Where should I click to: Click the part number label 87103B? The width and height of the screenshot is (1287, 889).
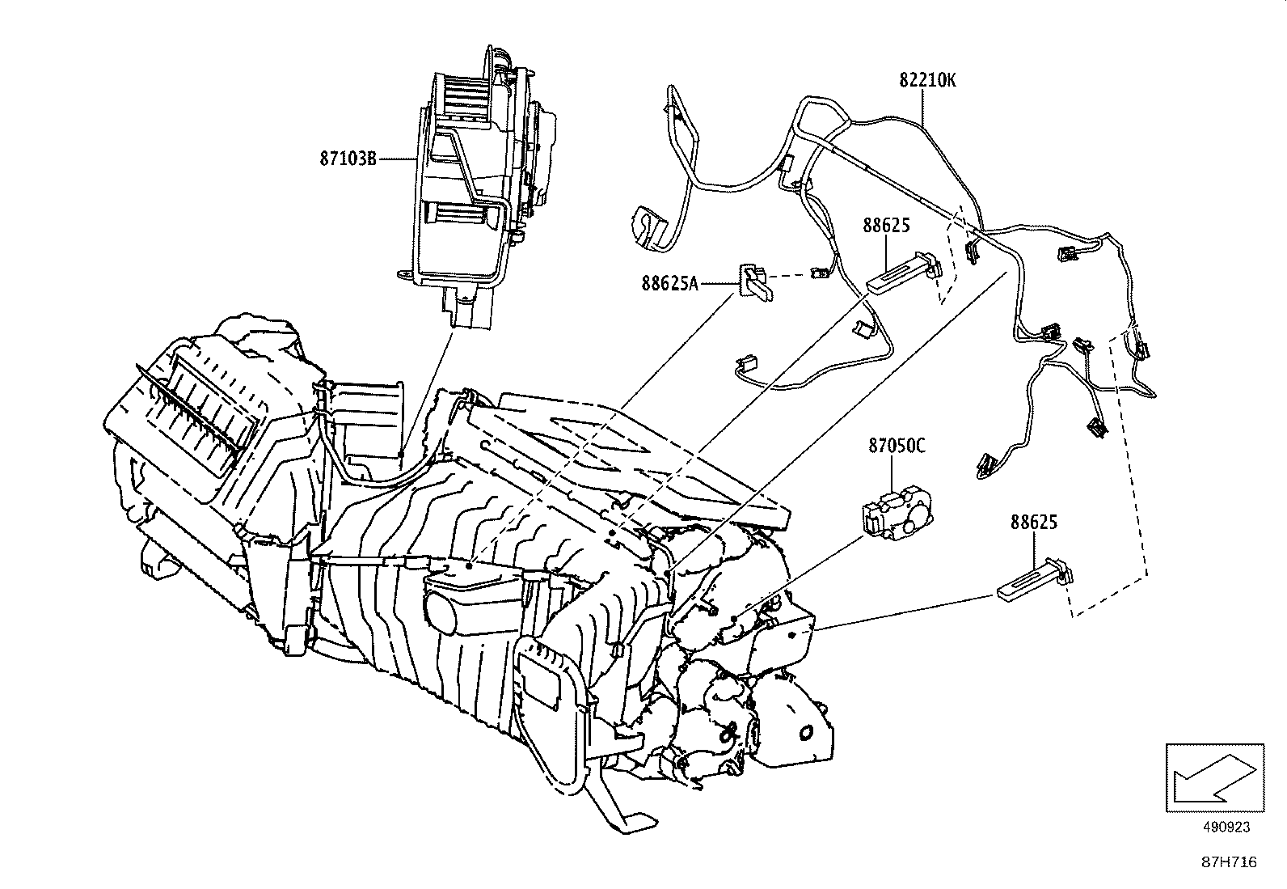point(348,159)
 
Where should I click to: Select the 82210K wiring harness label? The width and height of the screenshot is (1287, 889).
point(927,80)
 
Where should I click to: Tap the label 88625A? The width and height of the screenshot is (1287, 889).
point(669,283)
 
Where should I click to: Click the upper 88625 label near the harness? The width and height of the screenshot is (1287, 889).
point(887,226)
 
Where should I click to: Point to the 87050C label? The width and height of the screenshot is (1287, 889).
point(897,445)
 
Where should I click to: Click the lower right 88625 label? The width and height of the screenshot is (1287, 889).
point(1033,523)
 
